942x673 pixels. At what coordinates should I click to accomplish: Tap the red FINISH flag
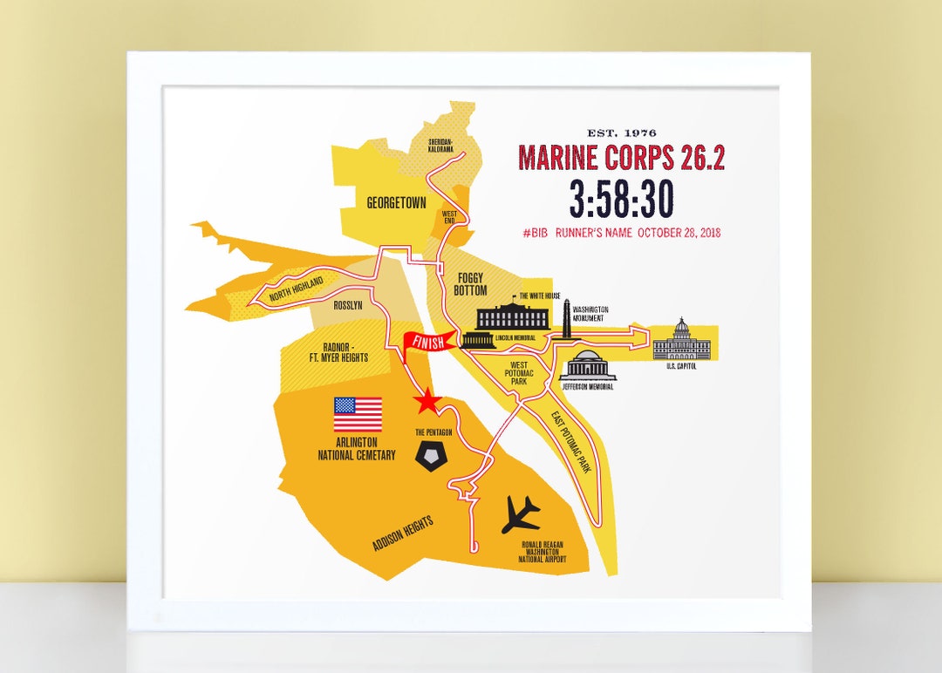(x=427, y=341)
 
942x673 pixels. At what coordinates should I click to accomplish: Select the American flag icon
(x=358, y=415)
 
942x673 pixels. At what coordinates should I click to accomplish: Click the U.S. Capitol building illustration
(x=682, y=340)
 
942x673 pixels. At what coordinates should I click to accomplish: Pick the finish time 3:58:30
(x=621, y=199)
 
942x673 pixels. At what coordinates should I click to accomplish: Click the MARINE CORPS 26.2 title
(x=621, y=158)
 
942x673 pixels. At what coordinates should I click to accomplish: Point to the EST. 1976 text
(x=621, y=133)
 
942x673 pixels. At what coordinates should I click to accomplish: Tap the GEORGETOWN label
(x=396, y=203)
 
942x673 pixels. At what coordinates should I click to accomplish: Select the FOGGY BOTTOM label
(x=471, y=284)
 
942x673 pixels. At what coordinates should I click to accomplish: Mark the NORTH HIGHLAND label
(x=297, y=288)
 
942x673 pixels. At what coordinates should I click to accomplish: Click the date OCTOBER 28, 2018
(x=679, y=233)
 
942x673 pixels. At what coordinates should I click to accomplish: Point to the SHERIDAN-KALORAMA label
(x=440, y=145)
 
